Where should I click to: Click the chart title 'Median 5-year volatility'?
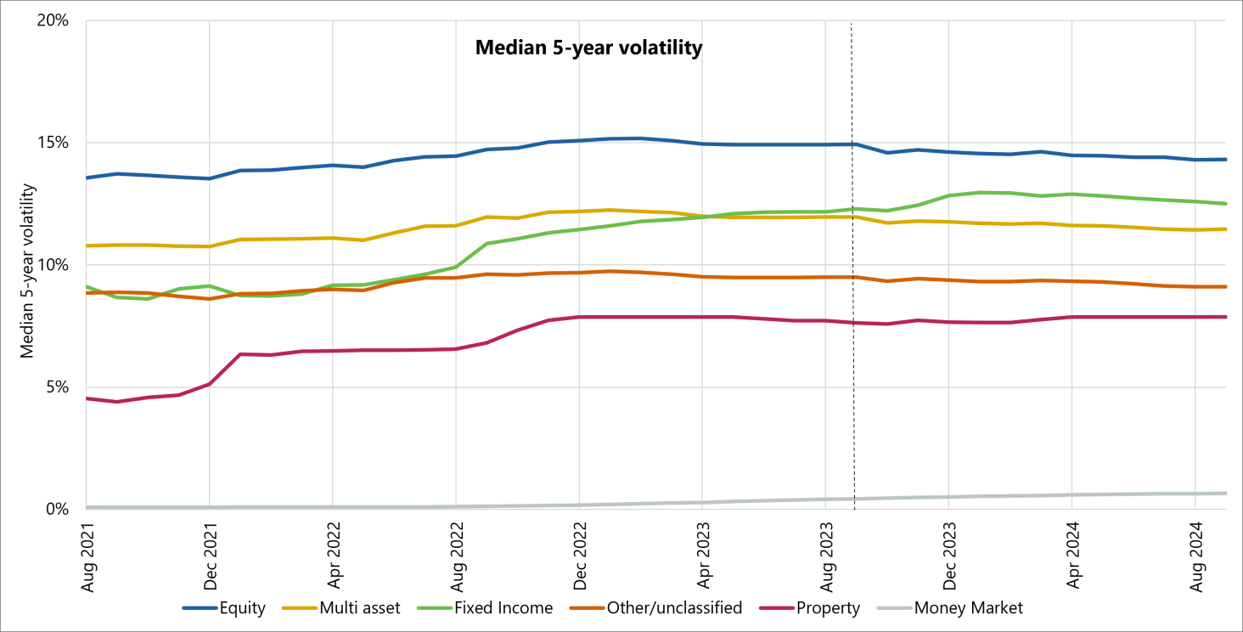click(588, 48)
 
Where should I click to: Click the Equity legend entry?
click(242, 608)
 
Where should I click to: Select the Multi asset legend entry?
click(365, 608)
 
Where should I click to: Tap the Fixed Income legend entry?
click(503, 608)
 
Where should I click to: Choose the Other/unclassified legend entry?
click(674, 608)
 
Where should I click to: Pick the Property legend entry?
click(827, 608)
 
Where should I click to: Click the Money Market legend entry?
click(968, 608)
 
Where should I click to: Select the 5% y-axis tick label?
click(56, 387)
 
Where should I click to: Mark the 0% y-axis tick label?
click(56, 510)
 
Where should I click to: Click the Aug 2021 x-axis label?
click(87, 552)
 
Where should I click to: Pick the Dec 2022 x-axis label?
click(580, 552)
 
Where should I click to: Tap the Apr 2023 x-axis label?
click(703, 552)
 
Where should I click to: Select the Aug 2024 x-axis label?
click(1196, 552)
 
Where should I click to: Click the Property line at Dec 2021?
click(210, 384)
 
